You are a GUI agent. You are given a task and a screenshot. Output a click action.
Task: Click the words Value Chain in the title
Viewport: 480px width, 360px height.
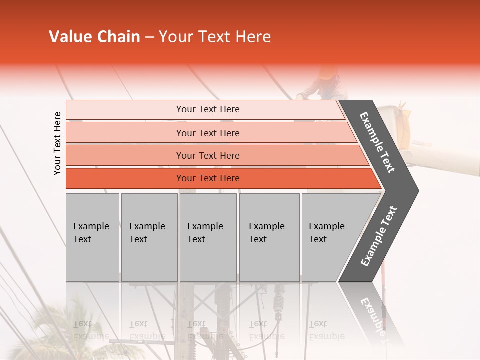[94, 37]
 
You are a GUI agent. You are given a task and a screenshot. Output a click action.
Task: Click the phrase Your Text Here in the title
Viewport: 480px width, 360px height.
[215, 37]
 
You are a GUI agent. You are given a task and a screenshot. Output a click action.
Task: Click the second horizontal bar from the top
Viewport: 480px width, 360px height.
[207, 133]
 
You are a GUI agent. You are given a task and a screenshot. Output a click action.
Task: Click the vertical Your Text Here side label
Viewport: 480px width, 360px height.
[57, 143]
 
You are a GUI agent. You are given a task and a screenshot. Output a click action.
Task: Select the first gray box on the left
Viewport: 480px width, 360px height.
[92, 237]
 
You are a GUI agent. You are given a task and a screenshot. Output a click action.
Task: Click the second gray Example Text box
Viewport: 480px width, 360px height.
[149, 237]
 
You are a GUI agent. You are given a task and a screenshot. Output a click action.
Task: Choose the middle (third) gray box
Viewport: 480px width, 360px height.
[208, 237]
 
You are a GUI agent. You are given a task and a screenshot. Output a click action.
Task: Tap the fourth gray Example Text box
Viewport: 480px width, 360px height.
[269, 237]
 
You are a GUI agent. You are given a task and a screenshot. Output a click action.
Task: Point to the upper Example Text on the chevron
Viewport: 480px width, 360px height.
[378, 143]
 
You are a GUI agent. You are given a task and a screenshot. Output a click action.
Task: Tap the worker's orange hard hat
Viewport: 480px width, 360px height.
[327, 73]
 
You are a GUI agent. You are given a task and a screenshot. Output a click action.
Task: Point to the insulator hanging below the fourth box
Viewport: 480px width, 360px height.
[278, 305]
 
